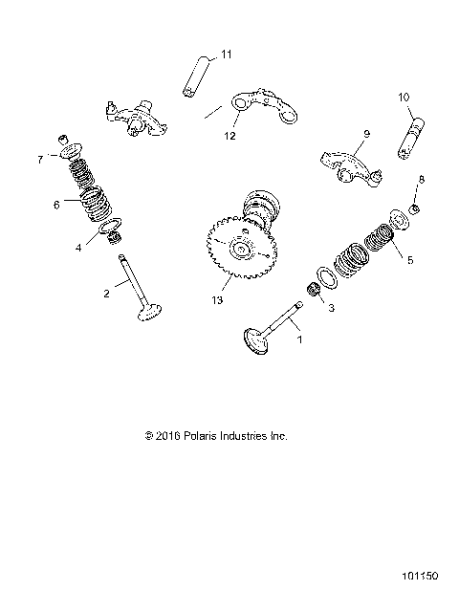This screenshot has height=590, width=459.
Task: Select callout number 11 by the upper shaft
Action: [226, 54]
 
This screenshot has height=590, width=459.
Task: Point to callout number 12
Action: [229, 135]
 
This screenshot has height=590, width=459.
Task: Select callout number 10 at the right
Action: [404, 97]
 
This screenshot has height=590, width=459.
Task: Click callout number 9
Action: [364, 136]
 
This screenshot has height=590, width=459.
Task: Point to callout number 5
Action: [410, 259]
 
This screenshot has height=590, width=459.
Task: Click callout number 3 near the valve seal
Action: [330, 308]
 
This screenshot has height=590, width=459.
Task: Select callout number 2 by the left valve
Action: [106, 294]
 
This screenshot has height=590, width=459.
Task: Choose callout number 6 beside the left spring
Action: [56, 203]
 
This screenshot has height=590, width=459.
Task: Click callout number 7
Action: [40, 159]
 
